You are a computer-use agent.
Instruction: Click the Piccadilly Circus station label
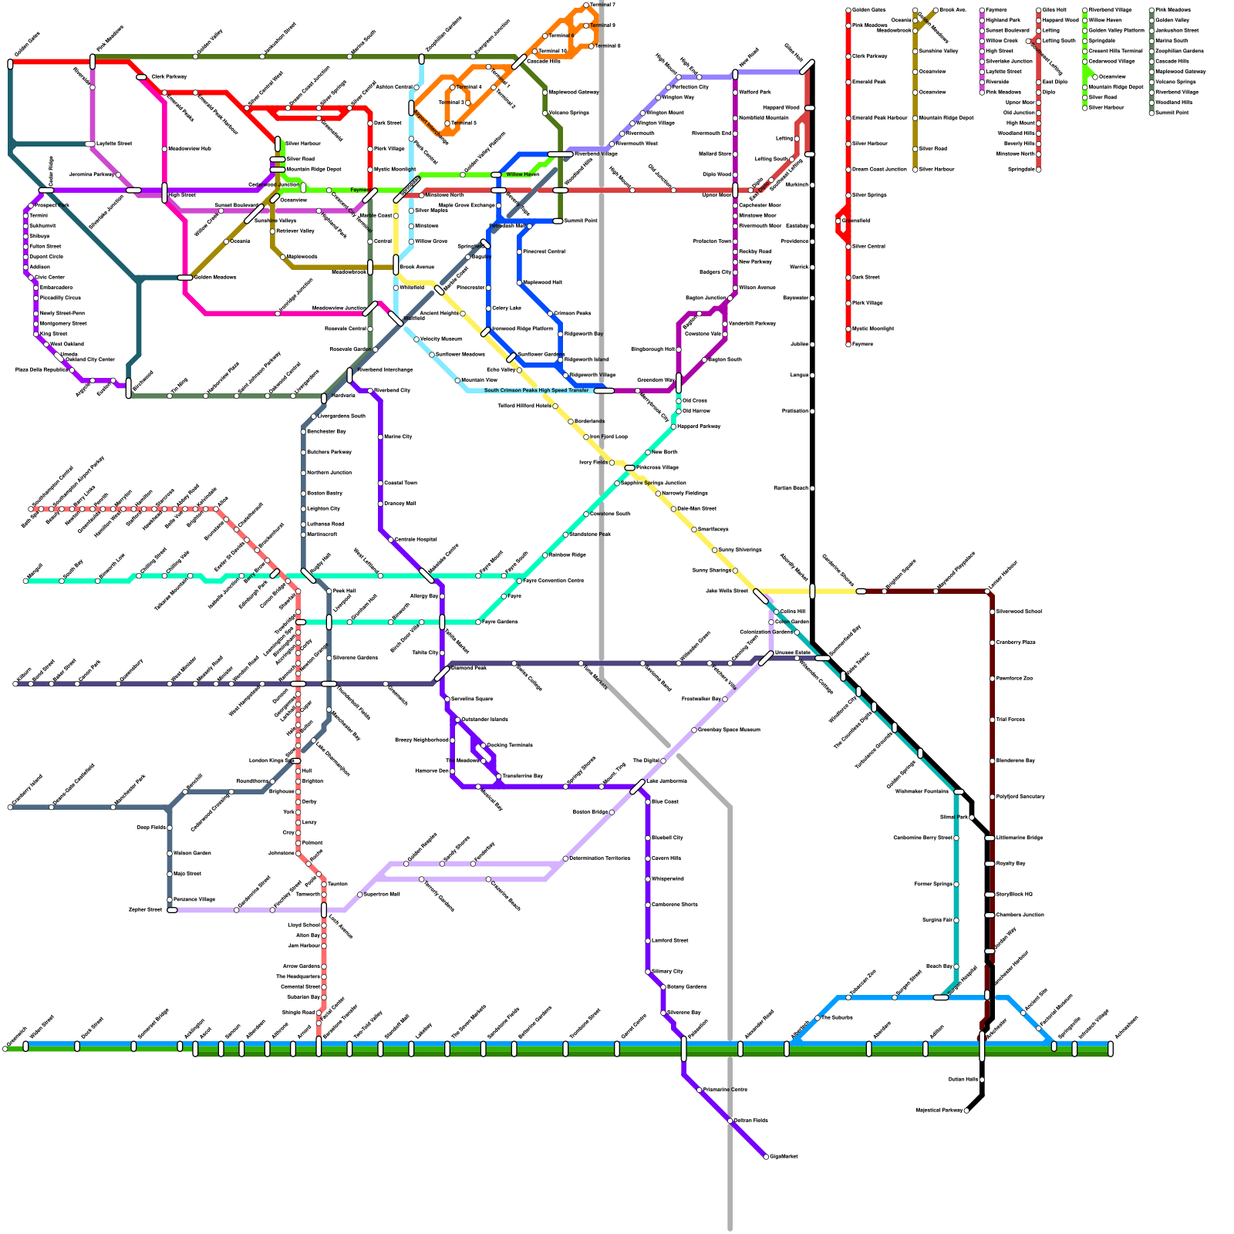(x=60, y=298)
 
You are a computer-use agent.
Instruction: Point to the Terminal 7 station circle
(x=586, y=5)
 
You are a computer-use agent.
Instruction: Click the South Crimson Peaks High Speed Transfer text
(x=536, y=390)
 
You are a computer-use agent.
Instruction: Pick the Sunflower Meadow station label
(x=460, y=354)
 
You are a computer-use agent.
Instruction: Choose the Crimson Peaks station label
(x=572, y=313)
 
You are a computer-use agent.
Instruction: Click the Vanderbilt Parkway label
(x=752, y=323)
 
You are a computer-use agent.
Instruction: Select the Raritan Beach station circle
(x=812, y=488)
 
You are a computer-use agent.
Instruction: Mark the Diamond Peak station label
(x=468, y=668)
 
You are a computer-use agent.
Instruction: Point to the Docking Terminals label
(x=510, y=745)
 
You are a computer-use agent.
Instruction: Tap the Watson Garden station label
(x=192, y=853)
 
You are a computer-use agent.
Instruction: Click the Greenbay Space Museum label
(x=729, y=730)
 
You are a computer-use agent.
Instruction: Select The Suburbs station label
(x=837, y=1017)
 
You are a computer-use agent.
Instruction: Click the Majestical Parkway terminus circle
(x=966, y=1111)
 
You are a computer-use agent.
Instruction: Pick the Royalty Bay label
(x=1010, y=863)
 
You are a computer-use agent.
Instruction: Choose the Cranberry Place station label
(x=1016, y=642)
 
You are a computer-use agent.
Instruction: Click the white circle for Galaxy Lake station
(x=488, y=308)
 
